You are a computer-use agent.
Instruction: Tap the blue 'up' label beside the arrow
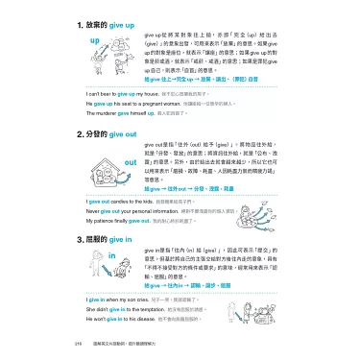94,43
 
